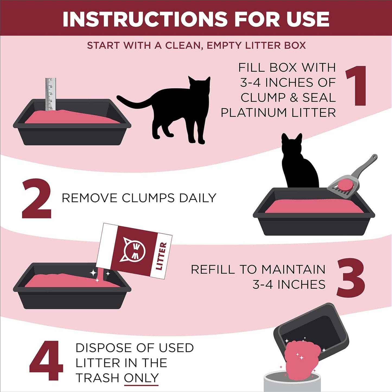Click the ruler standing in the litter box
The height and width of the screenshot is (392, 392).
[x=50, y=94]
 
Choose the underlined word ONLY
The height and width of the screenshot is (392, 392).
[x=141, y=378]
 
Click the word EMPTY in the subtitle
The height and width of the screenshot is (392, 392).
[x=224, y=45]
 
